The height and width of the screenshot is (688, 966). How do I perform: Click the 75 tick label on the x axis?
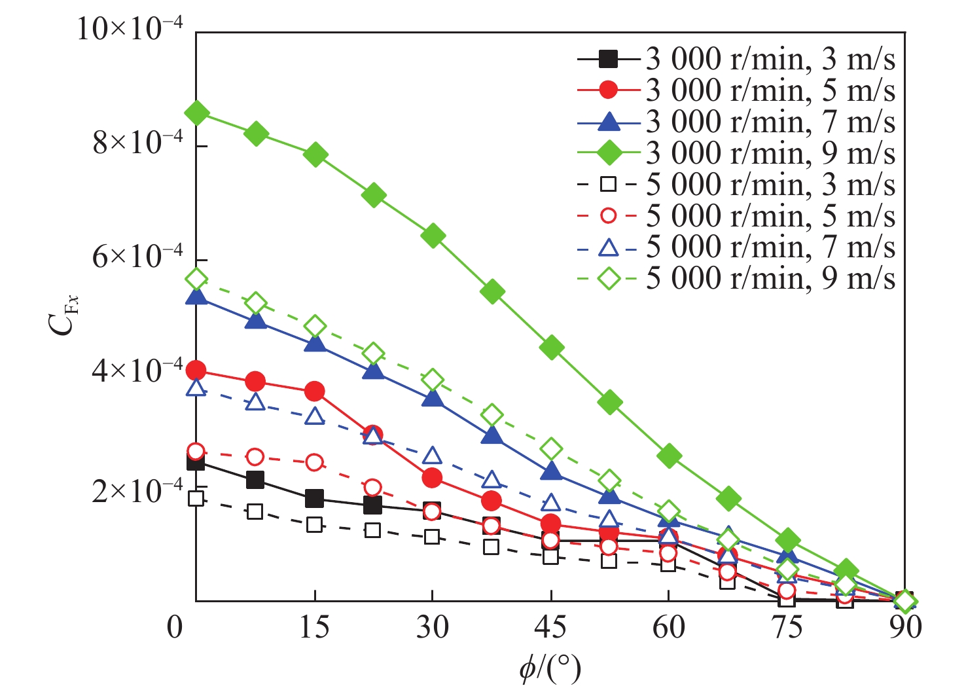coord(787,627)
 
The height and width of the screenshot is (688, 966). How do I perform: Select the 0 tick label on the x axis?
coord(175,627)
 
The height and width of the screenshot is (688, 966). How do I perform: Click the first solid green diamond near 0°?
coord(196,113)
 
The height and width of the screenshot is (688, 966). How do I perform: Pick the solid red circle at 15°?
coord(314,392)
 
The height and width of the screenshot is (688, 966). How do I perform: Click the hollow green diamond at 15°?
coord(315,326)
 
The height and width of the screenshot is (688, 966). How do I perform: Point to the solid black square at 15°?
coord(314,499)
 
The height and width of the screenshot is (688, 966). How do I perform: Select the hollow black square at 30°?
coord(431,537)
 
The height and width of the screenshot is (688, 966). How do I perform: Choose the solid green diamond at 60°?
coord(669,456)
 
